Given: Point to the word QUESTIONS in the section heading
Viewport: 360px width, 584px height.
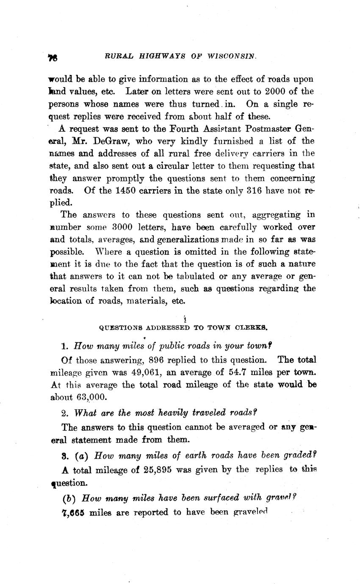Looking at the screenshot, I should point(121,327).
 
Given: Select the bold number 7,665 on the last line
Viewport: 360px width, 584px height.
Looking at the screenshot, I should point(73,512).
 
